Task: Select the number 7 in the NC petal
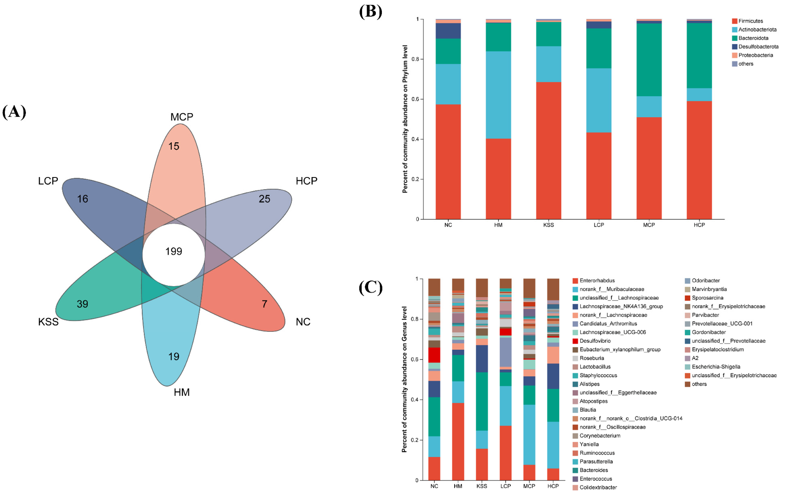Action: tap(264, 304)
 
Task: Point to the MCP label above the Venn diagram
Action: tap(182, 117)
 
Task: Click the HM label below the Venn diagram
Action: tap(182, 392)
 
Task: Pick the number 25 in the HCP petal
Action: tap(264, 199)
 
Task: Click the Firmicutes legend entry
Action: tap(750, 21)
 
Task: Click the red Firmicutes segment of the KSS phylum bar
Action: tap(548, 150)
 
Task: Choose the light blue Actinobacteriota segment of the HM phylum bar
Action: tap(498, 95)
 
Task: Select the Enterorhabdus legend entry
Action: tap(596, 280)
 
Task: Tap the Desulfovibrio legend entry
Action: tap(595, 341)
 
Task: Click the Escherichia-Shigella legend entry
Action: tap(716, 366)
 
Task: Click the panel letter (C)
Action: tap(370, 287)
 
